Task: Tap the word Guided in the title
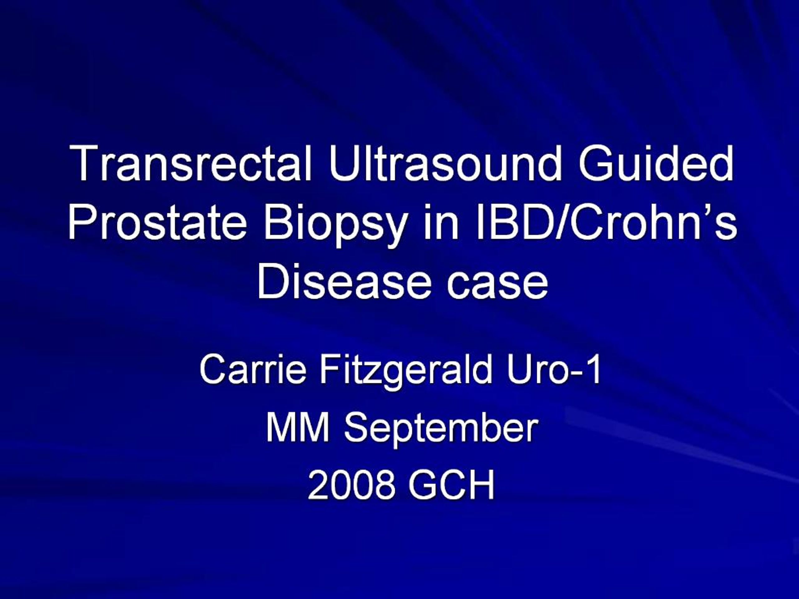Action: pyautogui.click(x=656, y=163)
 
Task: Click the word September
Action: pyautogui.click(x=441, y=429)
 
